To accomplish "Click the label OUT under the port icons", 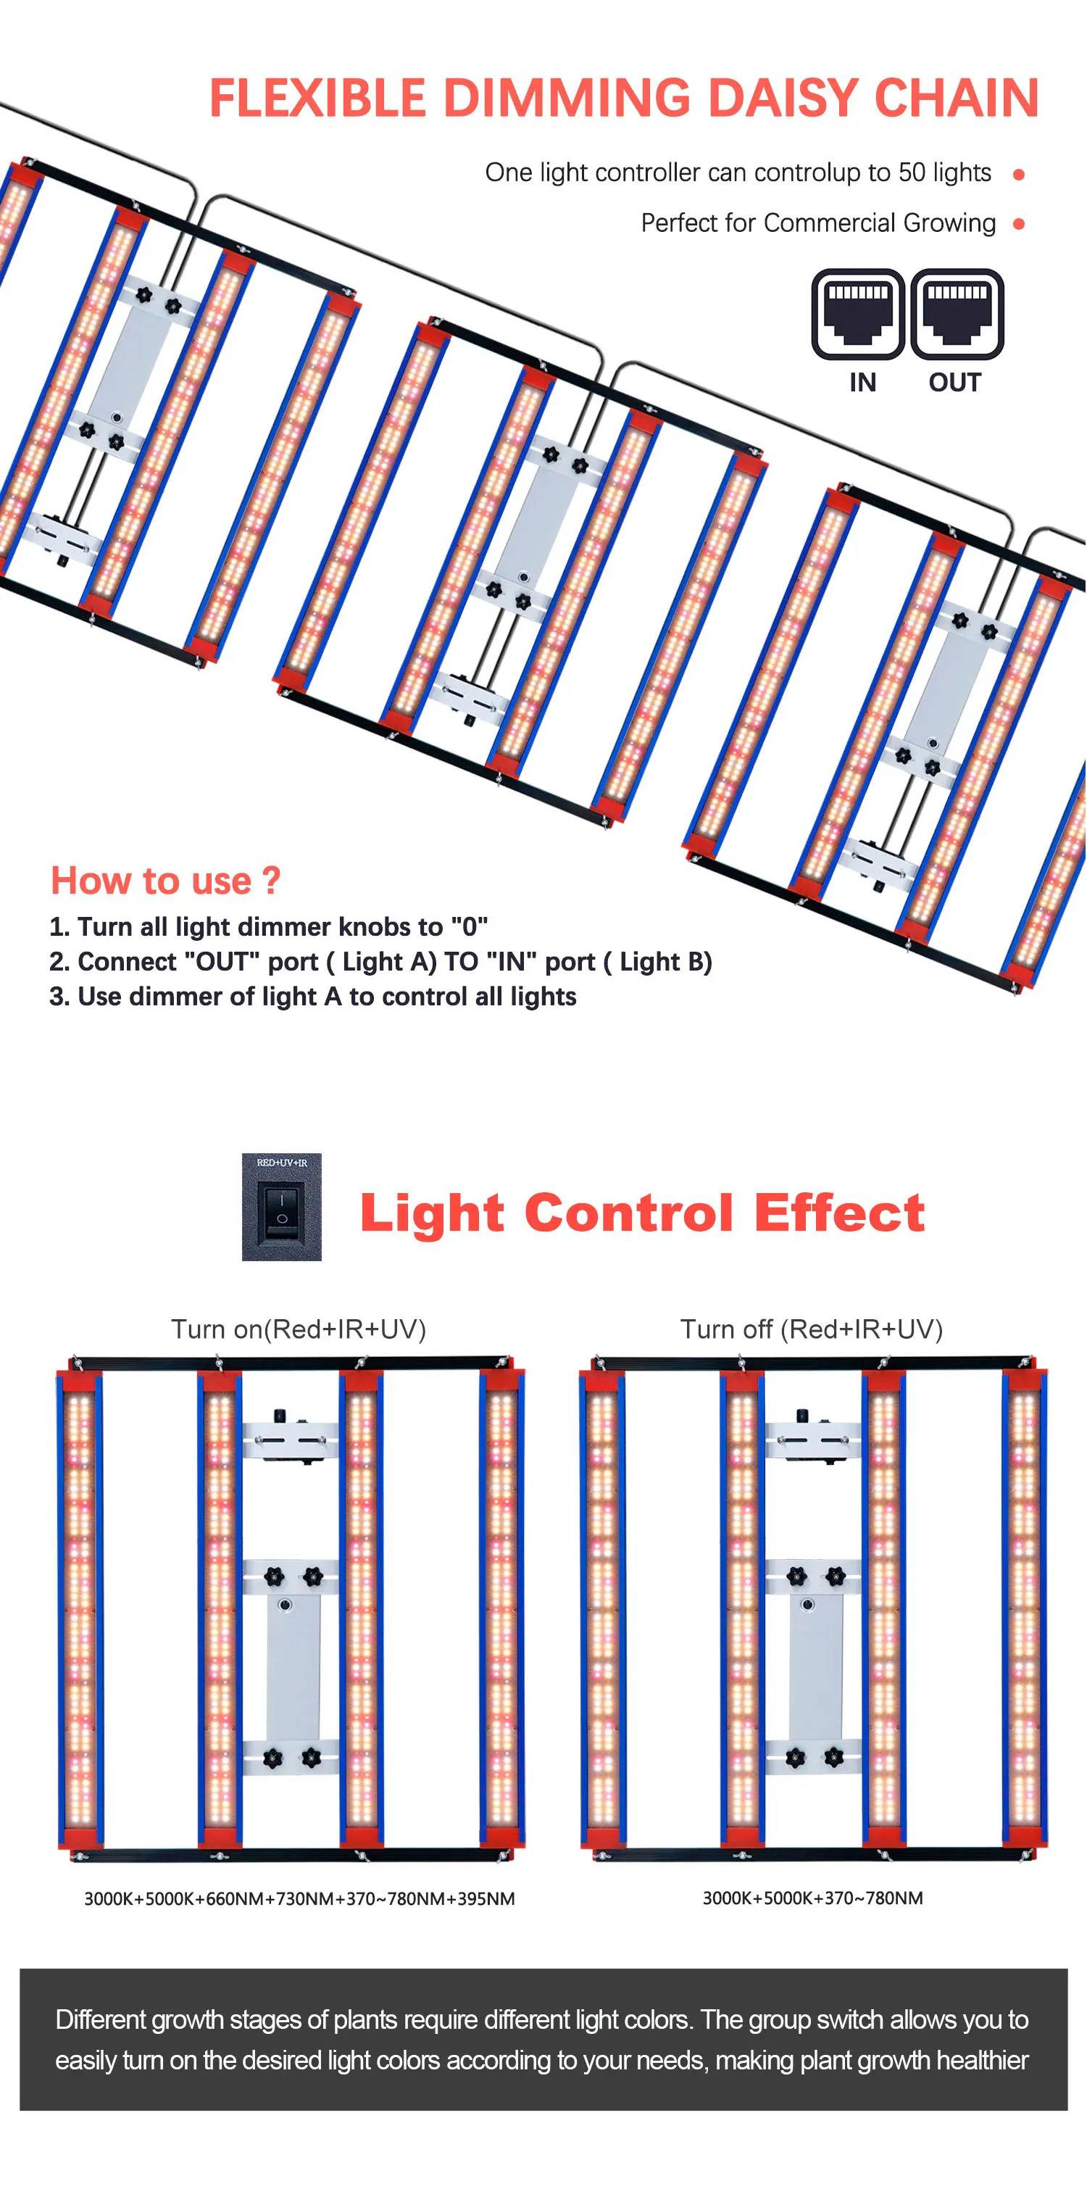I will point(954,383).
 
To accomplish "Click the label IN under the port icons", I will point(862,383).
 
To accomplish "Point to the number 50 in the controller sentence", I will point(911,173).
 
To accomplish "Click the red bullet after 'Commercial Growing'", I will point(1018,225).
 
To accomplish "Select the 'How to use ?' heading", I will point(166,881).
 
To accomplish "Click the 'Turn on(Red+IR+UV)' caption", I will point(299,1329).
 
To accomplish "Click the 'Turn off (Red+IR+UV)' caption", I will point(812,1329).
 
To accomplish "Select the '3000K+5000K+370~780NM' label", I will point(812,1898).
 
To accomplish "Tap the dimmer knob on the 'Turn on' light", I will point(279,1416).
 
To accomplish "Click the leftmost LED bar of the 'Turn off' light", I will point(601,1606).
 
